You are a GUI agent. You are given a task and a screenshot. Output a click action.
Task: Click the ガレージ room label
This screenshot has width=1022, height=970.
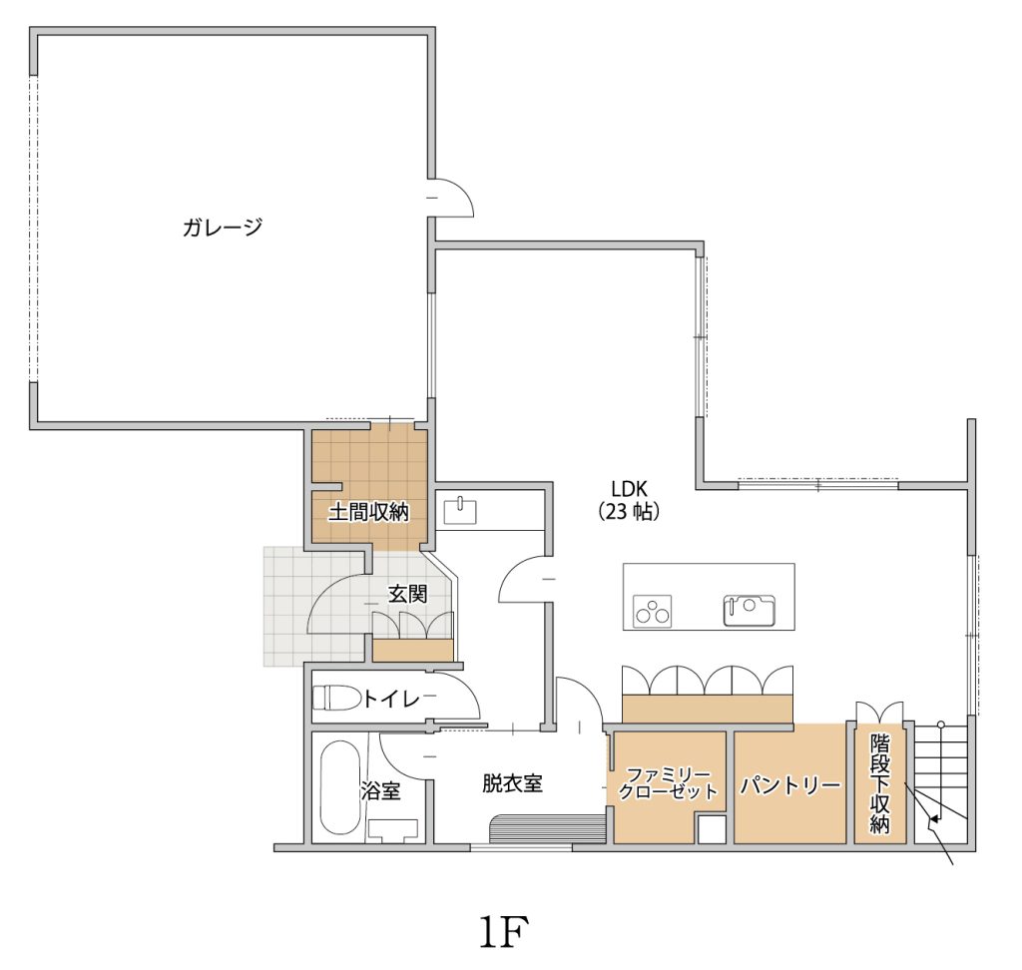coord(223,227)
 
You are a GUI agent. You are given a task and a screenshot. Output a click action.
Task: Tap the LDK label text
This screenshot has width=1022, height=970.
coord(629,488)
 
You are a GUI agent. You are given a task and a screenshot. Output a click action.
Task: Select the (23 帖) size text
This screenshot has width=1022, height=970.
coord(629,512)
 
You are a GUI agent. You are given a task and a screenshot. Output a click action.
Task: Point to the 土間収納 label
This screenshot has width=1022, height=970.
coord(368,512)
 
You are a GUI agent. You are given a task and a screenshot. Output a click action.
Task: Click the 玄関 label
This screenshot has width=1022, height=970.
coord(408,594)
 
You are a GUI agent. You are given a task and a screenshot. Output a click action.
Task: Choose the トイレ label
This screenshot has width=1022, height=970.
coord(391,700)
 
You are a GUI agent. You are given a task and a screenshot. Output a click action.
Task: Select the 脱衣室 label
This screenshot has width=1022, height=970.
coord(512,783)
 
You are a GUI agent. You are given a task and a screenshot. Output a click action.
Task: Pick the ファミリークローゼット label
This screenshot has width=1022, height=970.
coord(668,783)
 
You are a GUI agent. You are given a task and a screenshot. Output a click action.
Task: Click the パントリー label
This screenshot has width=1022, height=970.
coord(790,785)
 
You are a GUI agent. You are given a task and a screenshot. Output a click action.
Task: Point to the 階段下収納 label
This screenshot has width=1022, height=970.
coord(879,783)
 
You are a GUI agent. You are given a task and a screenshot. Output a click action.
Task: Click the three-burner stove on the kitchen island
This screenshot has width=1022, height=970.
coord(653,611)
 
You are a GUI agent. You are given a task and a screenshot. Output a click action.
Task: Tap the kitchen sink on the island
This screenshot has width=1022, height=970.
coord(749,610)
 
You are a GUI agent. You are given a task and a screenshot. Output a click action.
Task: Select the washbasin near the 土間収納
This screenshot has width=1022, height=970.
coord(460,511)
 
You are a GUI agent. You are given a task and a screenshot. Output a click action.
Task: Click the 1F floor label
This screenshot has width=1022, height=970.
coord(503,932)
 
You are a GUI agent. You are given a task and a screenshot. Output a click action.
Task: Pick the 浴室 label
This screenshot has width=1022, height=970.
coord(380,790)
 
